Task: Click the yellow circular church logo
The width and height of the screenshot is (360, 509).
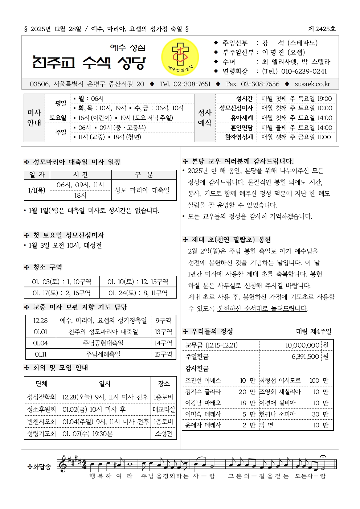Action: (180, 57)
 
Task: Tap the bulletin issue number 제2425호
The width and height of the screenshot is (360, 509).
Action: (322, 29)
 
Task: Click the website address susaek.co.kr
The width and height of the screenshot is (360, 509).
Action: (312, 84)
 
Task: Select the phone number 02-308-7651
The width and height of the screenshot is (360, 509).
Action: (192, 84)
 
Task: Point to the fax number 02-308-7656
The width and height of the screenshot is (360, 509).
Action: (260, 84)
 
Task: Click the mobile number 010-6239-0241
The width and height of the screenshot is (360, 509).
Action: (304, 71)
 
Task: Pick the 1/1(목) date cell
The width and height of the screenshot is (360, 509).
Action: (37, 190)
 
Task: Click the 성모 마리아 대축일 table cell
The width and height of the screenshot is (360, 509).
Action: (142, 190)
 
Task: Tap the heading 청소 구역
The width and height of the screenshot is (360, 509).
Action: (48, 267)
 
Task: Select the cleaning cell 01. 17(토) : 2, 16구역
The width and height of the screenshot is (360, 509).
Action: (62, 293)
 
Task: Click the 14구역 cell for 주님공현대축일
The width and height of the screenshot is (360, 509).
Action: (163, 343)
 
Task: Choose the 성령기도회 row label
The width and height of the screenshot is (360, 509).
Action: (41, 434)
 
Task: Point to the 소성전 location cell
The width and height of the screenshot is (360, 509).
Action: (164, 434)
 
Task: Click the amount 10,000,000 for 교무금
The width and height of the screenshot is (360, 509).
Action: (302, 345)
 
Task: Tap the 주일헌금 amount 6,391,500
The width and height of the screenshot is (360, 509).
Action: (305, 357)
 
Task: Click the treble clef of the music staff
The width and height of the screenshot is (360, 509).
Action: (63, 464)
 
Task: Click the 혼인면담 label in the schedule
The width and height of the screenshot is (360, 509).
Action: (241, 128)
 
